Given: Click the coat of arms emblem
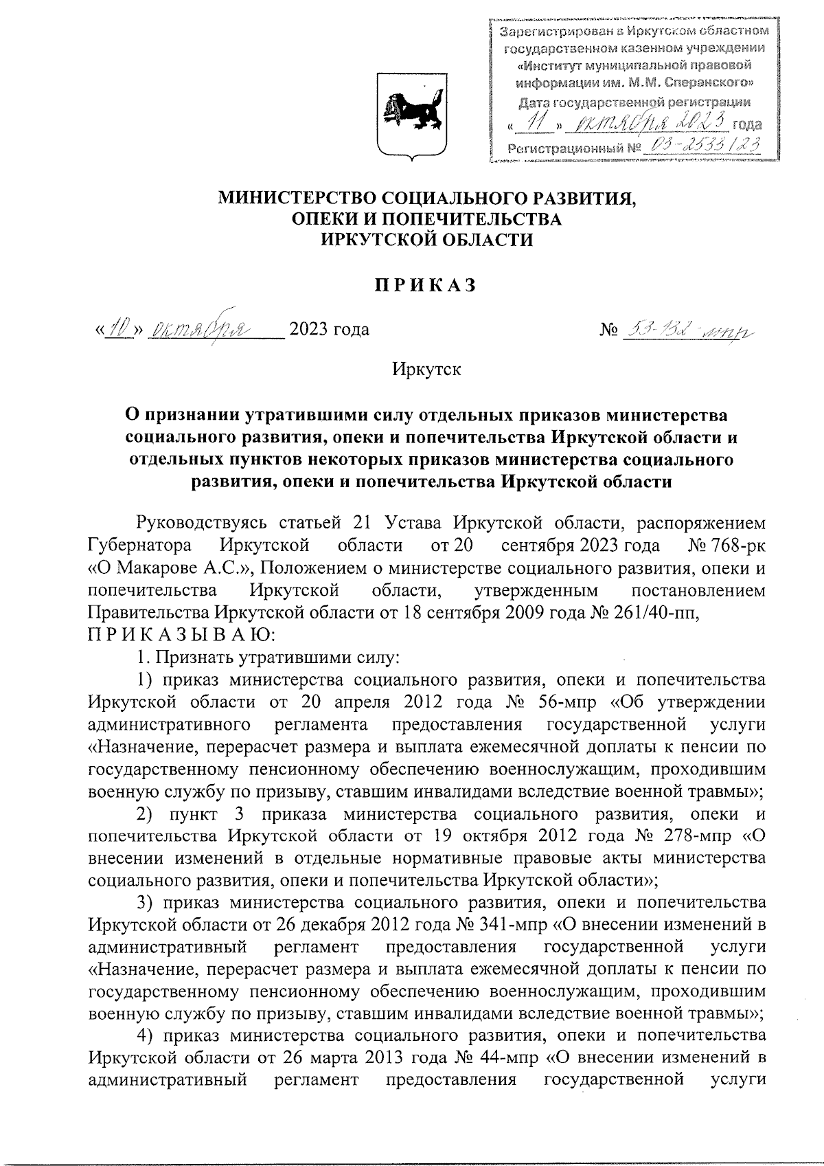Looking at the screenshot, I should pos(412,113).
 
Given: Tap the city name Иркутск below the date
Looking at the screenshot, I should pos(426,369).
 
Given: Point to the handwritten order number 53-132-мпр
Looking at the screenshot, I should pos(684,330).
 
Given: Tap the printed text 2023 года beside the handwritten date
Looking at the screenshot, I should pos(330,330).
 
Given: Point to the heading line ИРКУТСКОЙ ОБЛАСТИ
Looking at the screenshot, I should pos(426,239).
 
